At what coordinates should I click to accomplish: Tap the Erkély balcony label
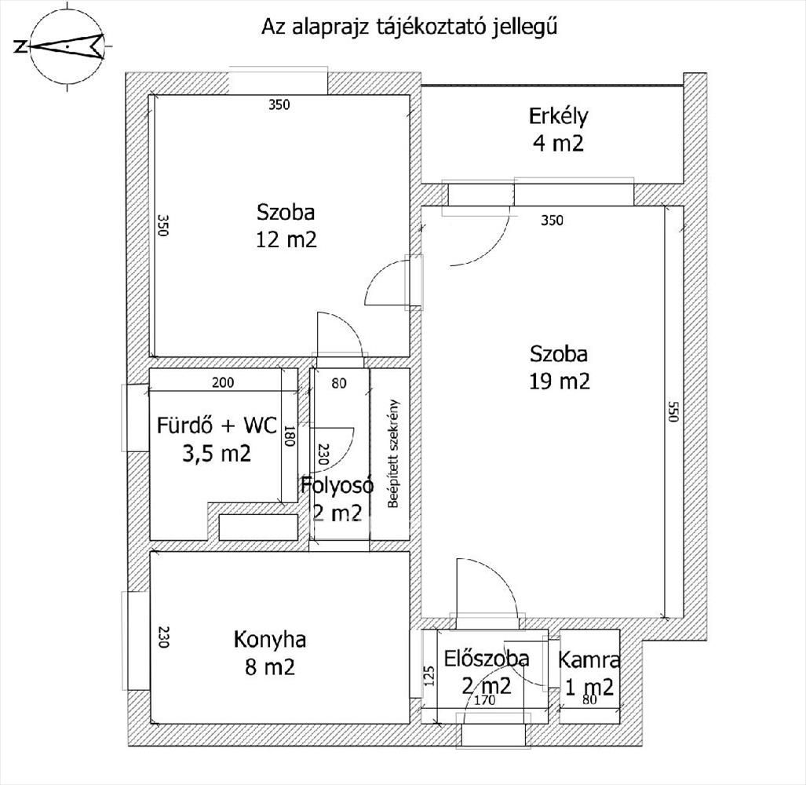click(558, 116)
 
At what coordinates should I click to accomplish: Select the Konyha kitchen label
click(270, 640)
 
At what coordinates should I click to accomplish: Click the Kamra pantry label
click(589, 659)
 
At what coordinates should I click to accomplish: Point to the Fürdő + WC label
click(217, 425)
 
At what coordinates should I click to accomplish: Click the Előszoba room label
click(487, 659)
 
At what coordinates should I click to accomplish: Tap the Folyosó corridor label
click(337, 486)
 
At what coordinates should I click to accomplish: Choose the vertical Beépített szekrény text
click(394, 454)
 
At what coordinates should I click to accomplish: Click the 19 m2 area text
click(560, 382)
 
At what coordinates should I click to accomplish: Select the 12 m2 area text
click(286, 239)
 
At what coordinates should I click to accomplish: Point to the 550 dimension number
click(673, 411)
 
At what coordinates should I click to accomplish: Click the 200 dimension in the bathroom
click(223, 382)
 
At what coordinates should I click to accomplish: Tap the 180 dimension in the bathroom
click(290, 437)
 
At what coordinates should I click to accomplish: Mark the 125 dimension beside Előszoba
click(430, 677)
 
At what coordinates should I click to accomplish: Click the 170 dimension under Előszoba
click(485, 700)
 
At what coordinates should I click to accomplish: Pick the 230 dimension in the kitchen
click(163, 637)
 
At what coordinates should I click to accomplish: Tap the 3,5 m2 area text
click(217, 454)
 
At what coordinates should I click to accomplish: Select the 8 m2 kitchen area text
click(271, 667)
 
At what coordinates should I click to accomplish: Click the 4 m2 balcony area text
click(559, 142)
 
